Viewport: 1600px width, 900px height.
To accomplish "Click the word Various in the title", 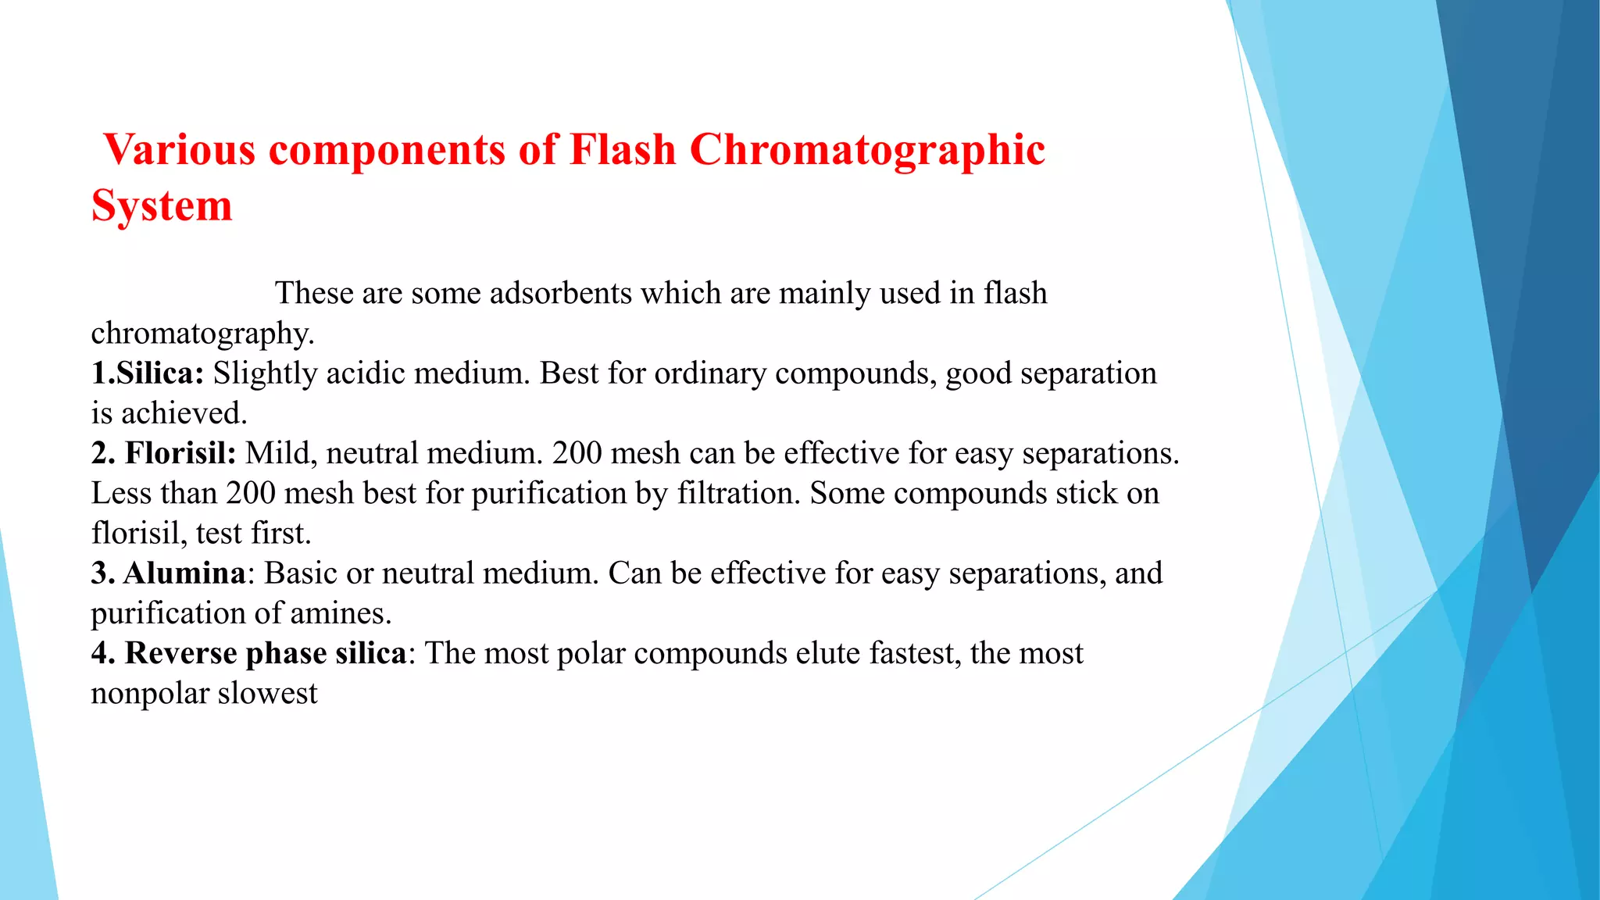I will coord(180,149).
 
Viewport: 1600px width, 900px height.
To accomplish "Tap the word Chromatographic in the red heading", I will coord(867,149).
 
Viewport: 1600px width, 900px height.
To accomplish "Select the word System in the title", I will coord(162,206).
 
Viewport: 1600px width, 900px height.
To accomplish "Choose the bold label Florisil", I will coord(180,453).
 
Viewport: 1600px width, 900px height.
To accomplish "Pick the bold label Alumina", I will coord(184,573).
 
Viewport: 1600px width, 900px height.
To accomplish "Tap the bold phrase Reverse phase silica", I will coord(266,653).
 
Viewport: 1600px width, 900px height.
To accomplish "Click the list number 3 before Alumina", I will coord(99,573).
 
